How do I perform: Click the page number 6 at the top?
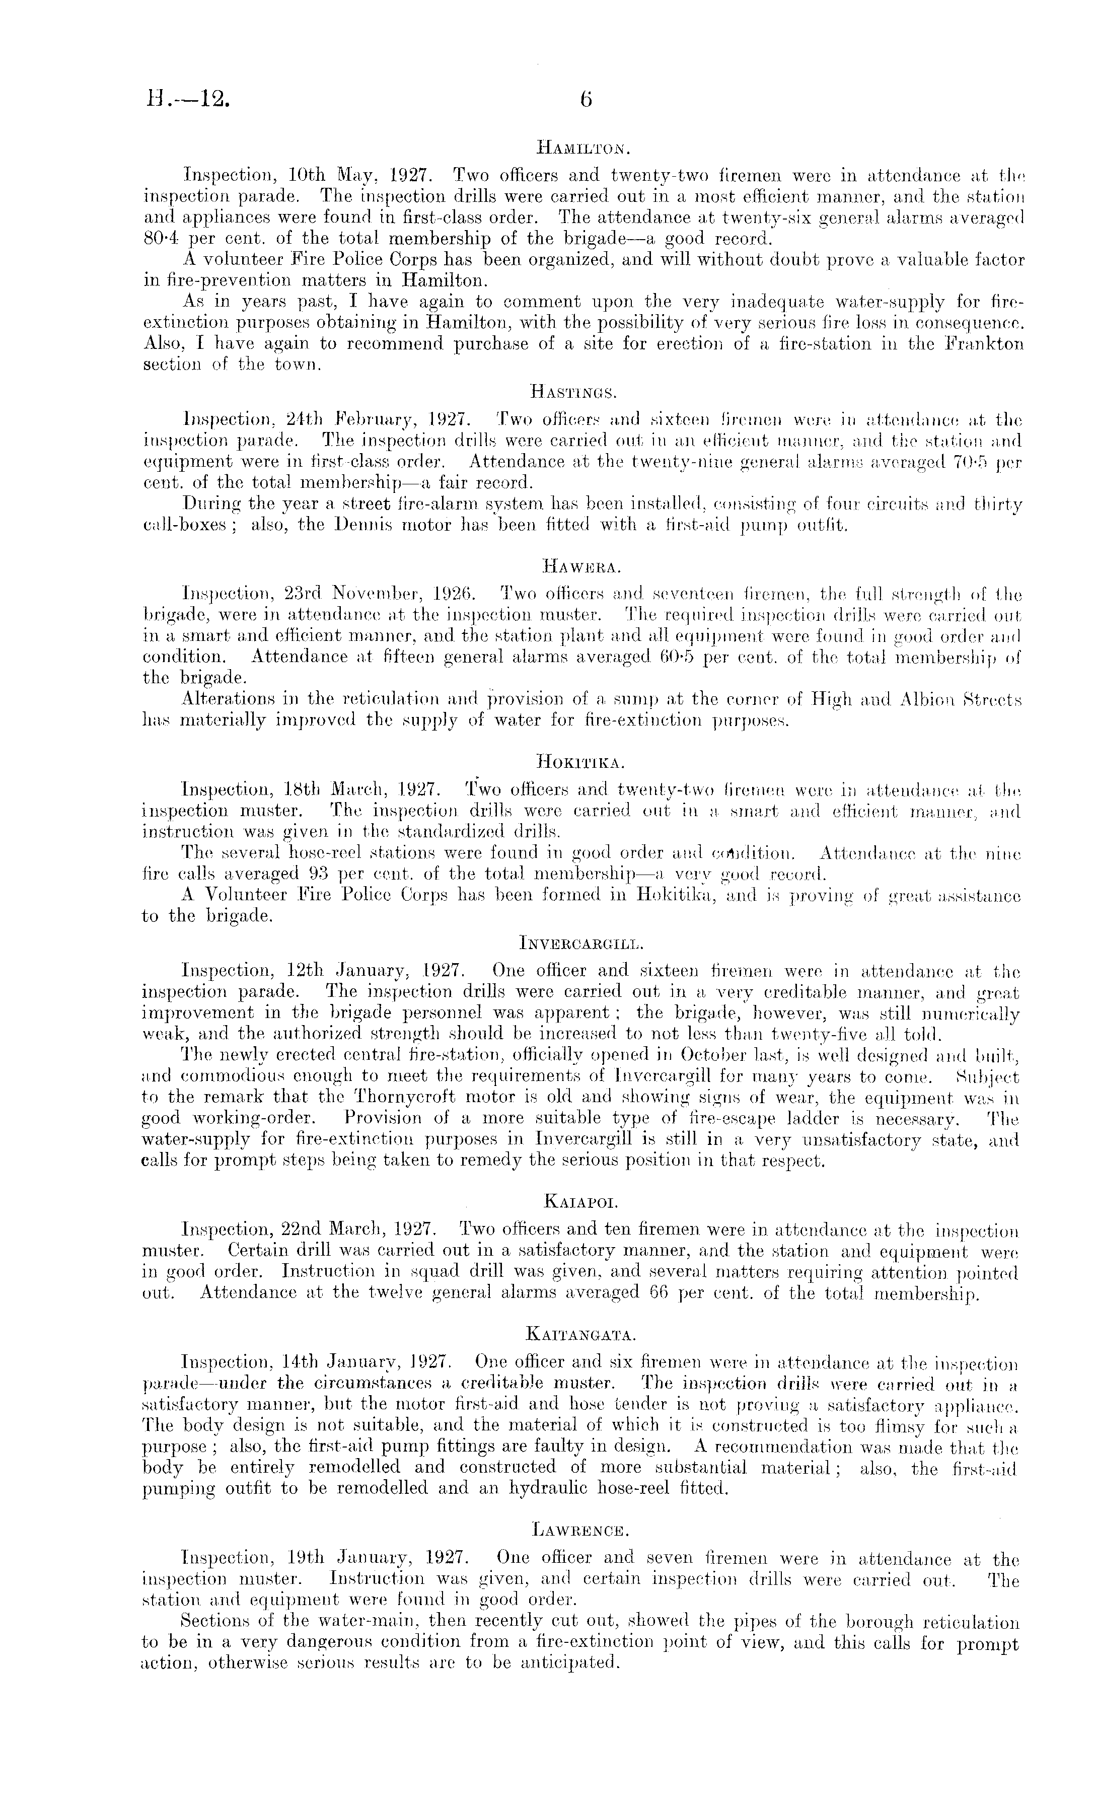point(586,99)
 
